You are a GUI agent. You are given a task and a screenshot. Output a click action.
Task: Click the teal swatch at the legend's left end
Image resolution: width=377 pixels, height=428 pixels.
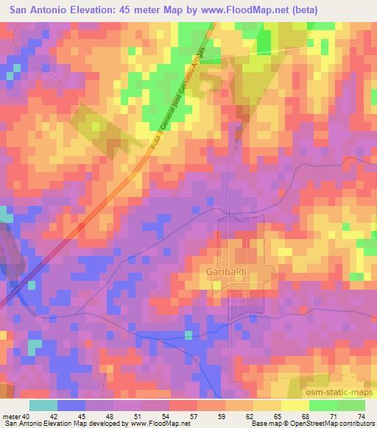coord(43,405)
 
